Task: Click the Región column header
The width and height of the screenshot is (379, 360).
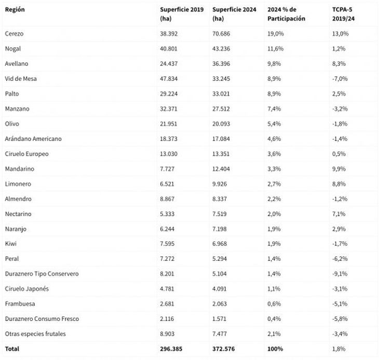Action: [15, 9]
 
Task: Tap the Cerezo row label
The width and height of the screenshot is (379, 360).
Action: [15, 34]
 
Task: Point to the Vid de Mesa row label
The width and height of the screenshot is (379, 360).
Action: [21, 79]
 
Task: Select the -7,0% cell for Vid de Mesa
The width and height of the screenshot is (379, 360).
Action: [341, 79]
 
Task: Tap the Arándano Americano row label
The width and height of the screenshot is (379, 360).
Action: [33, 139]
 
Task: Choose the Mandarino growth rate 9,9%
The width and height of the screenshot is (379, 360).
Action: [340, 169]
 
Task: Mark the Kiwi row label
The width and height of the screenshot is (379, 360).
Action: [11, 244]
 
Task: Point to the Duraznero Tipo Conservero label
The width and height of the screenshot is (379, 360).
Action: [42, 274]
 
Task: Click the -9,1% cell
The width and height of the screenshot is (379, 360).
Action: [341, 274]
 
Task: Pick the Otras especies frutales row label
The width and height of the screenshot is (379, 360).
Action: [35, 334]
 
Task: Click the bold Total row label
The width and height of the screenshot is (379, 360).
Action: [12, 349]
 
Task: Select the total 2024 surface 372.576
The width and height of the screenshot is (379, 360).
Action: [224, 349]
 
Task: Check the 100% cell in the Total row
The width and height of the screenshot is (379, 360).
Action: [275, 349]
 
